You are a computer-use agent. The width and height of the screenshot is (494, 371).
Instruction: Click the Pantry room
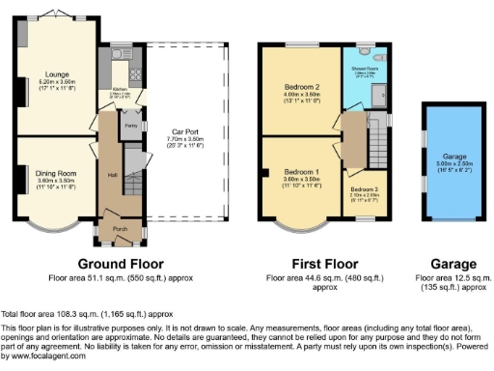point(128,125)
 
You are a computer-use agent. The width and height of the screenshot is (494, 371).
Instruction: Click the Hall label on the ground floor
point(112,175)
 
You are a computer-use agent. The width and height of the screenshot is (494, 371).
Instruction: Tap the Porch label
point(121,229)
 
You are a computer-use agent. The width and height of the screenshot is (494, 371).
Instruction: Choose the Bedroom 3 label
point(364,190)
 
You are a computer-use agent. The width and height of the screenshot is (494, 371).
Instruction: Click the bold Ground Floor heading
point(121,263)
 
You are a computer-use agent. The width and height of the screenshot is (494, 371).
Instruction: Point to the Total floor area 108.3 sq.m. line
point(87,314)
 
